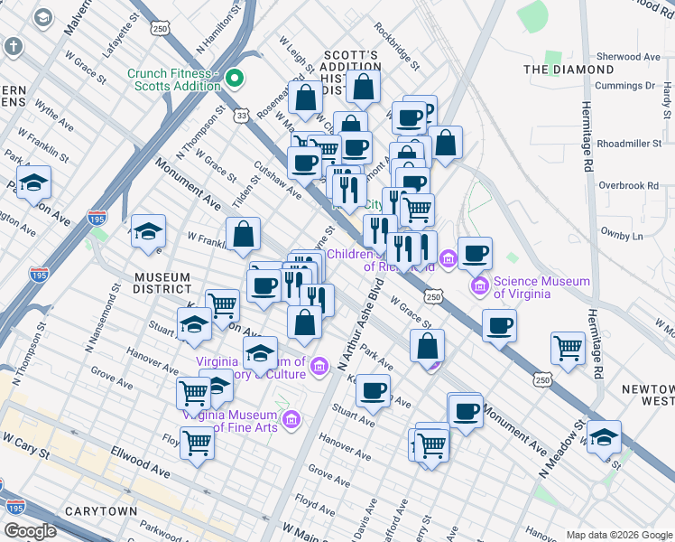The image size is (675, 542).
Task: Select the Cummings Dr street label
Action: (624, 87)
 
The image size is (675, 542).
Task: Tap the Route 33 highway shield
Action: (240, 116)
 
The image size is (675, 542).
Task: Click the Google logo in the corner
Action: (31, 531)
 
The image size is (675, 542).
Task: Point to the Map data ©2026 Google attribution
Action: (619, 535)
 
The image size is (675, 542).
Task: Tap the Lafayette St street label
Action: (121, 36)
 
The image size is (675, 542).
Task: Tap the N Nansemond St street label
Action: (102, 316)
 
